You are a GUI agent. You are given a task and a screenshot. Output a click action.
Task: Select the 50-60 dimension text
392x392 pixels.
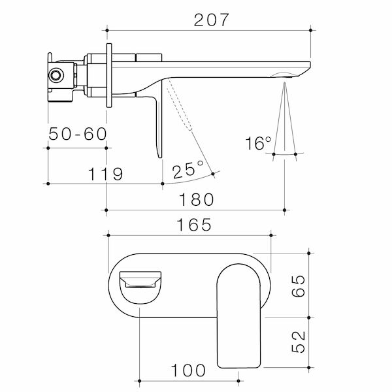[x=77, y=135]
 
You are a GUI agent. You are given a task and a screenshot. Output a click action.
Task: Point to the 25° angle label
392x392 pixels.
[x=188, y=171]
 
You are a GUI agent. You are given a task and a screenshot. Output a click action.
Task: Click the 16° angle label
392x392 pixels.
[x=259, y=143]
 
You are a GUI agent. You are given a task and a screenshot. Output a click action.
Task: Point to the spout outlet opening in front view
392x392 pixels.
[x=141, y=282]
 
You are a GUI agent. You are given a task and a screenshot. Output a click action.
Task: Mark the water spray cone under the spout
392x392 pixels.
[x=285, y=121]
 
